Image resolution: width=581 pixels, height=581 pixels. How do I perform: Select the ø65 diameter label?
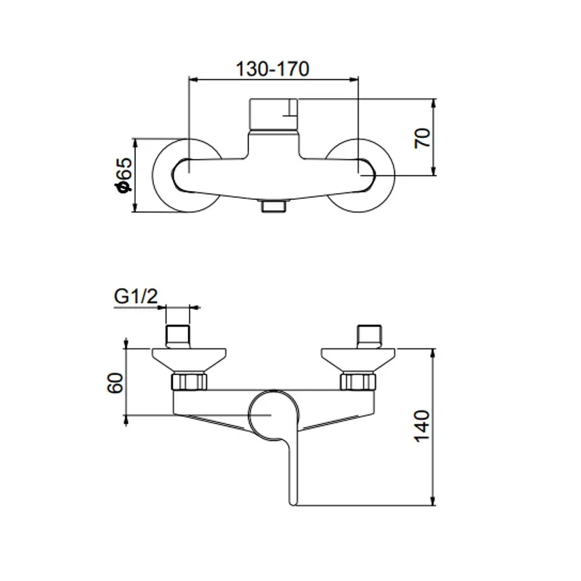[x=123, y=176]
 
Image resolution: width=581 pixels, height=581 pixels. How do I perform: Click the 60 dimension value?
[x=114, y=383]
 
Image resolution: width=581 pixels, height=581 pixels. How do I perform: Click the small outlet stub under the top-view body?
[x=273, y=206]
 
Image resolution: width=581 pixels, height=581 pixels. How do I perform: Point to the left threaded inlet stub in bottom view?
[x=178, y=336]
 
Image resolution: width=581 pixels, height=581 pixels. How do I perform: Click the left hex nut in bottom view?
[x=189, y=382]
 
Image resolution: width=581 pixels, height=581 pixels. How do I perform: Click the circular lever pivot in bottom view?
[x=270, y=414]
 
